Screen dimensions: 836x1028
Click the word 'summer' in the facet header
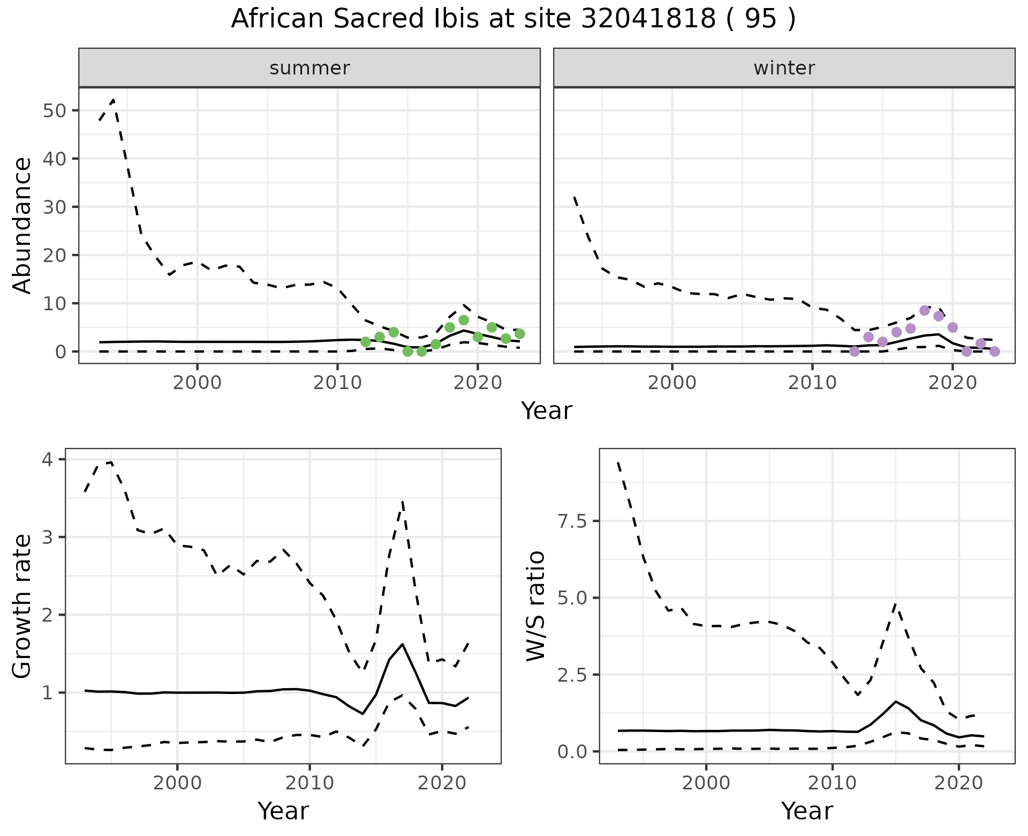pyautogui.click(x=309, y=68)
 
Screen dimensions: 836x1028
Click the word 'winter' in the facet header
pyautogui.click(x=784, y=68)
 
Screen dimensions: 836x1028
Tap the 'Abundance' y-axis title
pyautogui.click(x=22, y=226)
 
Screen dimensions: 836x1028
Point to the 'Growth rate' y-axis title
pyautogui.click(x=22, y=606)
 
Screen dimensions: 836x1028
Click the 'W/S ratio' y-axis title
pyautogui.click(x=536, y=606)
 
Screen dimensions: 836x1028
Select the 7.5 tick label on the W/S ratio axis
pyautogui.click(x=572, y=521)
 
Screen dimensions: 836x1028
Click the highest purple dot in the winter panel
pyautogui.click(x=924, y=310)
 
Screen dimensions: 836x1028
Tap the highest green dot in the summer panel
pyautogui.click(x=464, y=320)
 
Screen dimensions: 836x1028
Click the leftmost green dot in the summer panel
pyautogui.click(x=366, y=342)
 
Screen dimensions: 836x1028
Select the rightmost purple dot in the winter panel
pyautogui.click(x=995, y=352)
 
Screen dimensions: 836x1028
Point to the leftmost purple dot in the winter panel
pyautogui.click(x=855, y=352)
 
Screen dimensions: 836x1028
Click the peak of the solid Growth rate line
pyautogui.click(x=402, y=644)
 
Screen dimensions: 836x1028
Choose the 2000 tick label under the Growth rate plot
pyautogui.click(x=177, y=783)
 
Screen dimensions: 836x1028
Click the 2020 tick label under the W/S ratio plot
pyautogui.click(x=958, y=783)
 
